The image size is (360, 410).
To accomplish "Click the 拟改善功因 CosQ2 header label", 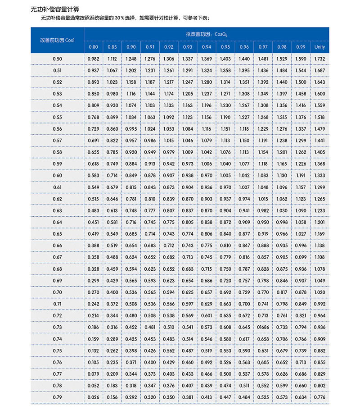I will [207, 34].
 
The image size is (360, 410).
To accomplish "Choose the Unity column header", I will [319, 47].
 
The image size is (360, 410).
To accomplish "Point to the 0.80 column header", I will [93, 47].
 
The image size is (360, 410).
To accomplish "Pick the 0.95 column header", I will [225, 47].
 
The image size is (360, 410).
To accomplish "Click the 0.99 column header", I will [301, 47].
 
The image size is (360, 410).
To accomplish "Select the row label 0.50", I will [57, 59].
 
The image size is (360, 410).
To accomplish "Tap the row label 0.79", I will [57, 397].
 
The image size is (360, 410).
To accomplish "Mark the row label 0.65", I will [57, 234].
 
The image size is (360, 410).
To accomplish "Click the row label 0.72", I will [57, 315].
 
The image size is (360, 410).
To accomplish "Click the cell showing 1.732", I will [319, 59].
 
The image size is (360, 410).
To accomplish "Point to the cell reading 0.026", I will [93, 397].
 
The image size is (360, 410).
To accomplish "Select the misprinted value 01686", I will [263, 327].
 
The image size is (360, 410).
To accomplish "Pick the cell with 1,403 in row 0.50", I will [225, 59].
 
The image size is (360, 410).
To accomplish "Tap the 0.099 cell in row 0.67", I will [301, 257].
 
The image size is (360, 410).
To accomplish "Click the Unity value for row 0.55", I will [319, 117].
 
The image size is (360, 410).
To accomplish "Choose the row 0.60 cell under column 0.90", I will [131, 176].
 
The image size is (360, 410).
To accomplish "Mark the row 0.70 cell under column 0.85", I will [112, 292].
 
